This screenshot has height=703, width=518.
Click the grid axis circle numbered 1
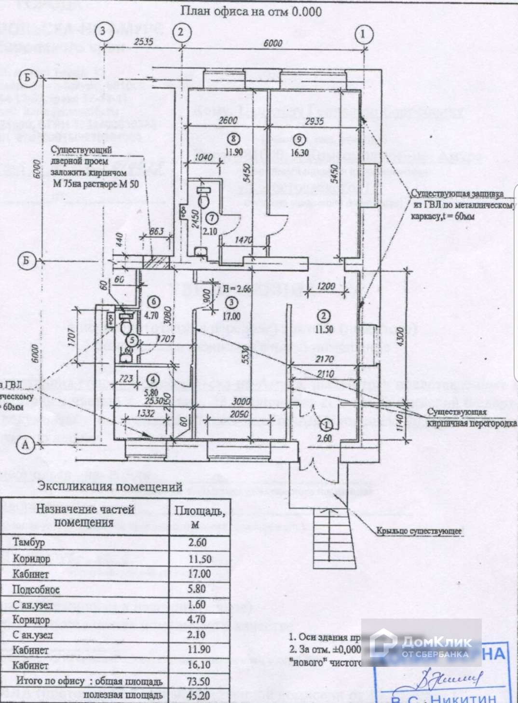(363, 34)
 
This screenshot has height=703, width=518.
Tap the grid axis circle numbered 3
(102, 32)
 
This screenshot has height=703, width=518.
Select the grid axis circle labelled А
(25, 444)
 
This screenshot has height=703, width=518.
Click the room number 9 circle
(300, 139)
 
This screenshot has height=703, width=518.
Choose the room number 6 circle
(153, 302)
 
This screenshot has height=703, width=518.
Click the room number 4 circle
(153, 379)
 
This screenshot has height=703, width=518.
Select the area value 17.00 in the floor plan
(231, 317)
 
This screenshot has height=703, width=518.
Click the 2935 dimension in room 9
(314, 121)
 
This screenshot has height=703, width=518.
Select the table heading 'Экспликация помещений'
(110, 486)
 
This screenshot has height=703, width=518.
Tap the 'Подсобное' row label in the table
(36, 589)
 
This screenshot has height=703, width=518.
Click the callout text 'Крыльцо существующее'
(419, 531)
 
